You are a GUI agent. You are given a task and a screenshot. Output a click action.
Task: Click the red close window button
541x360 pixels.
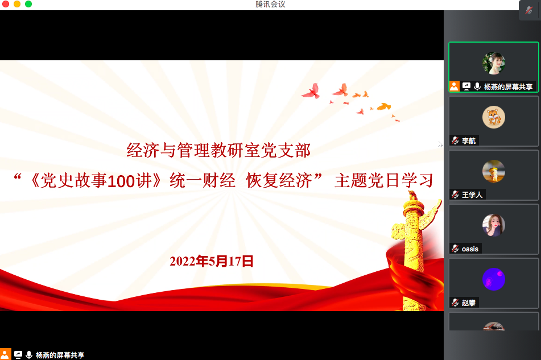[x=6, y=4]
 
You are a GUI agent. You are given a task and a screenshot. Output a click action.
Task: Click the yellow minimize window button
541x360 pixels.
[x=17, y=4]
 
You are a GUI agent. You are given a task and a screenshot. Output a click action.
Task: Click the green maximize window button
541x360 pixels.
[x=28, y=4]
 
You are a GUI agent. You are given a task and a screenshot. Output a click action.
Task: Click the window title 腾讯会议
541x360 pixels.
[x=270, y=4]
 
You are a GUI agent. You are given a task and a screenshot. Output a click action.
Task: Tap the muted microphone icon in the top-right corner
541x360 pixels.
[x=529, y=10]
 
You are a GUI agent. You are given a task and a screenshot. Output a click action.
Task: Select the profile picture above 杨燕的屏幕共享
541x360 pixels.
[x=494, y=63]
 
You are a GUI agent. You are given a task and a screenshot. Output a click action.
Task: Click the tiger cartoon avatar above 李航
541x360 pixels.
[x=494, y=117]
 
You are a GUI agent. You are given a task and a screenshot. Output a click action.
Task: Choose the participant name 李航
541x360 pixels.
[x=469, y=140]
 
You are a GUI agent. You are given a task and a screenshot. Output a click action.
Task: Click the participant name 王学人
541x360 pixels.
[x=472, y=195]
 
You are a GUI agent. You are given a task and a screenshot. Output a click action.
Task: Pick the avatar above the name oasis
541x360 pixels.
[x=494, y=225]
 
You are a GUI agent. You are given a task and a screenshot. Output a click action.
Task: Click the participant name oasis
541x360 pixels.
[x=470, y=249]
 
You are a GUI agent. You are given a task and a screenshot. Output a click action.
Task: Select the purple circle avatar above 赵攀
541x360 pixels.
[x=494, y=279]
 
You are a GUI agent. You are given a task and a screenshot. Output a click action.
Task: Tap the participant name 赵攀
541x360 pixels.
[x=469, y=303]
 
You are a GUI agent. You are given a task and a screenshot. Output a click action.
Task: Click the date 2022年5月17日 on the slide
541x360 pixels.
[x=212, y=262]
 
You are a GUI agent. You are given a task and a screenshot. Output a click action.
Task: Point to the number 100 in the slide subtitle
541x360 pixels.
[x=121, y=181]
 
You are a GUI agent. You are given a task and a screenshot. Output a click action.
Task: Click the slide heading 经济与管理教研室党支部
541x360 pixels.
[x=219, y=150]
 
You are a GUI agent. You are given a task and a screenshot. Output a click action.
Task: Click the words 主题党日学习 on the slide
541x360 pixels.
[x=384, y=181]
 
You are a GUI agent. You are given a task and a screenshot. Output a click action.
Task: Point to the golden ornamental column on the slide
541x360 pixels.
[x=414, y=252]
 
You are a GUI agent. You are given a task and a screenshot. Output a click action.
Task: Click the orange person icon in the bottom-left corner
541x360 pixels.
[x=5, y=354]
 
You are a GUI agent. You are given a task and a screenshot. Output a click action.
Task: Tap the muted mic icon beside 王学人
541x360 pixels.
[x=455, y=195]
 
